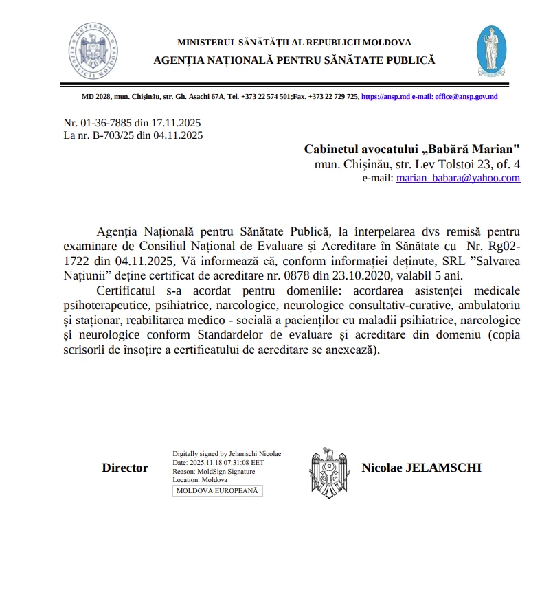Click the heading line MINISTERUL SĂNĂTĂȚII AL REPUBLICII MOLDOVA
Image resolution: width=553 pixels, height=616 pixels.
click(x=294, y=43)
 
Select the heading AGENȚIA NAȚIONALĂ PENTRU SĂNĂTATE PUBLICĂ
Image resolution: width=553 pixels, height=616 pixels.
click(x=294, y=60)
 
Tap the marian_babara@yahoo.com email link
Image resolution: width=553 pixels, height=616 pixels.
click(x=458, y=178)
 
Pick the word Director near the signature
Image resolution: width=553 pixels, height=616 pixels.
click(x=125, y=468)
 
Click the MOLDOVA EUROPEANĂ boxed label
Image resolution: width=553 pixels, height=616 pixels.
click(x=217, y=491)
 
